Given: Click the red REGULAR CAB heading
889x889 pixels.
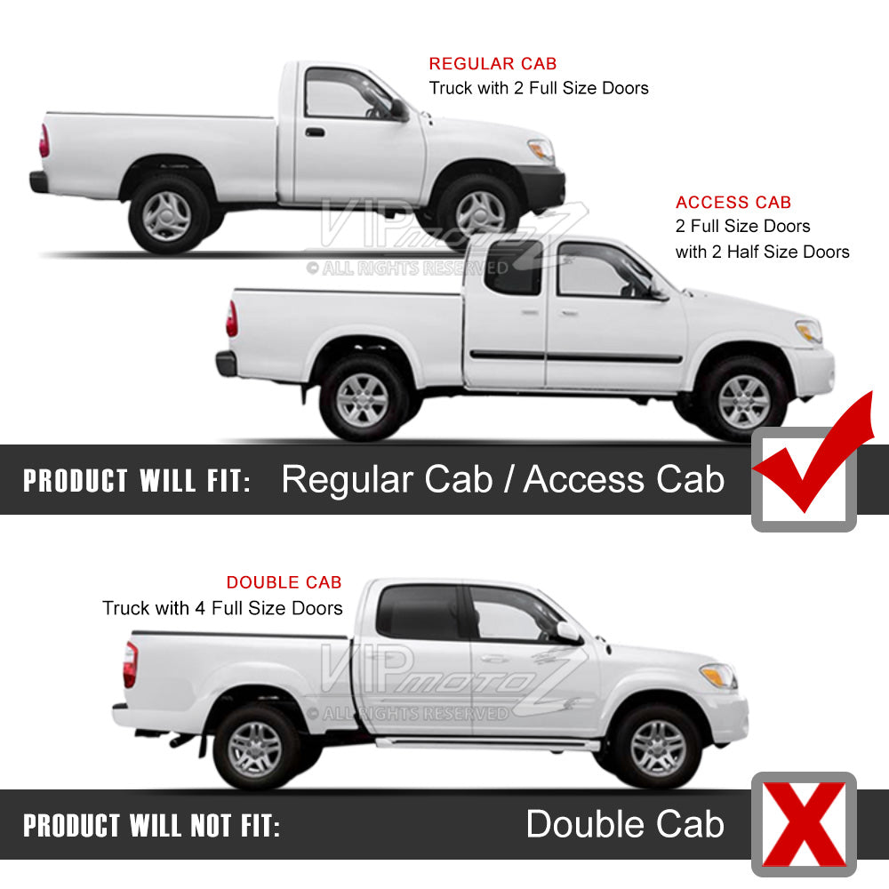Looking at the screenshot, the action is pyautogui.click(x=493, y=63).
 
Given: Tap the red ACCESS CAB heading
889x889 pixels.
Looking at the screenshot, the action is pyautogui.click(x=733, y=203).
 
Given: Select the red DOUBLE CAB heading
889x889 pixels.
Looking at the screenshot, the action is pyautogui.click(x=284, y=582).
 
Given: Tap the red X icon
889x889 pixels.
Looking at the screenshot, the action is pyautogui.click(x=804, y=824).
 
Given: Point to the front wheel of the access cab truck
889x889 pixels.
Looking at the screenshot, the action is pyautogui.click(x=743, y=400).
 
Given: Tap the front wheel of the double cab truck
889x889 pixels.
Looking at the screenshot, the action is pyautogui.click(x=658, y=748).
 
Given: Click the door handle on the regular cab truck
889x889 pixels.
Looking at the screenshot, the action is pyautogui.click(x=315, y=132).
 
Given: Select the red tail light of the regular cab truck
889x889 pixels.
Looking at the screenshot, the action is pyautogui.click(x=44, y=140).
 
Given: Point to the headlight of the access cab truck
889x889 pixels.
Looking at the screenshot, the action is pyautogui.click(x=809, y=331).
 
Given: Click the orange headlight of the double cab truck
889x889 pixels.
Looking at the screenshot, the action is pyautogui.click(x=717, y=676).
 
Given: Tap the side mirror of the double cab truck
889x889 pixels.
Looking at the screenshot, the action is pyautogui.click(x=569, y=631).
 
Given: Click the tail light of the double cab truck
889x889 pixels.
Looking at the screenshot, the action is pyautogui.click(x=131, y=664).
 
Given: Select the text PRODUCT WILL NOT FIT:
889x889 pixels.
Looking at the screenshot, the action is pyautogui.click(x=151, y=826).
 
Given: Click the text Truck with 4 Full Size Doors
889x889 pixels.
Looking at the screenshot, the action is pyautogui.click(x=222, y=608).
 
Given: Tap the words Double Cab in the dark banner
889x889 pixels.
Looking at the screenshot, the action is pyautogui.click(x=625, y=824).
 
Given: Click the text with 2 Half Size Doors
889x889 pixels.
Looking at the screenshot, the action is pyautogui.click(x=762, y=252).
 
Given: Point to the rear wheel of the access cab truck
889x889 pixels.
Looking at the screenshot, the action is pyautogui.click(x=363, y=400).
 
